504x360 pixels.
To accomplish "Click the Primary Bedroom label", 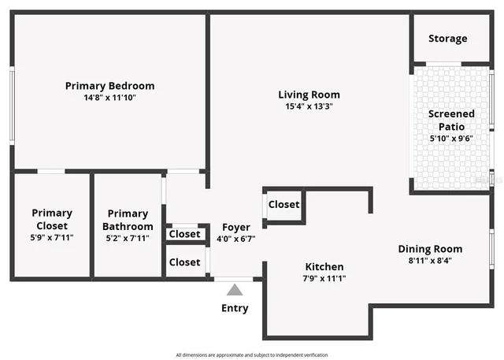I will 109,86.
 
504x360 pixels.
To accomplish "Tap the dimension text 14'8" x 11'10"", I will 109,98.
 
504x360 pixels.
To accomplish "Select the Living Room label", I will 309,95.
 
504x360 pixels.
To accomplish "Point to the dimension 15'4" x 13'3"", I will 309,106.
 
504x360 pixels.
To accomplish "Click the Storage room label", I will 447,39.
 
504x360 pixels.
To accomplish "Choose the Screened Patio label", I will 451,120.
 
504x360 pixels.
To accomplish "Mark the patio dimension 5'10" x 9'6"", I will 451,138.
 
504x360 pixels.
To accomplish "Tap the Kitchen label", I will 324,266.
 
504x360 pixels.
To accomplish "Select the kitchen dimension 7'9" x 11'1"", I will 324,278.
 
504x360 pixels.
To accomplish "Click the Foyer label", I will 236,227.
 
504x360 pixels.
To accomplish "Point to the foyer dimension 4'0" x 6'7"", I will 236,239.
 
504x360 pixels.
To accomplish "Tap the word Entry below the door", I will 235,308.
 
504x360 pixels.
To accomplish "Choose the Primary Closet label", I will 52,218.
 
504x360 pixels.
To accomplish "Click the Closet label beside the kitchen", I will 283,205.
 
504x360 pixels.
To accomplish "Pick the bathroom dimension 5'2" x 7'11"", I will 128,237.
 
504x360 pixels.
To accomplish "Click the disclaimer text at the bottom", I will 252,354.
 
